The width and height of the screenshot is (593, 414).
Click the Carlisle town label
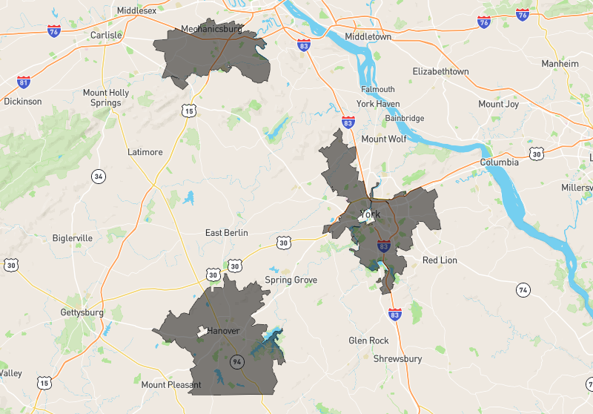(105, 35)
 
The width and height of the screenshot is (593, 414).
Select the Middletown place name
(368, 36)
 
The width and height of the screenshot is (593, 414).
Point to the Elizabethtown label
(440, 72)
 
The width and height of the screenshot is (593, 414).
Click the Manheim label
(560, 64)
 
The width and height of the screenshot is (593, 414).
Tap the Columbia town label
(499, 162)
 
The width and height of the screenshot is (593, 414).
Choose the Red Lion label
(440, 260)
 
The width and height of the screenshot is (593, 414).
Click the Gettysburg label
(82, 313)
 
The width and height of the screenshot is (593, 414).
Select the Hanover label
(223, 331)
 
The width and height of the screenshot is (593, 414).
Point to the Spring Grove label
(291, 280)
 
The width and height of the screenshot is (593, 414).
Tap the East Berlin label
(225, 233)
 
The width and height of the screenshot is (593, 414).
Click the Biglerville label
(73, 238)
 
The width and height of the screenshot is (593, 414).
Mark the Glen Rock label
(368, 341)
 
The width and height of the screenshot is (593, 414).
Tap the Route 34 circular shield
(99, 176)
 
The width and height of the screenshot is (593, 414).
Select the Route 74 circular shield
(523, 289)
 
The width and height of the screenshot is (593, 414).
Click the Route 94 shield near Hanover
(237, 362)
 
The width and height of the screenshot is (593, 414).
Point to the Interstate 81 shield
(24, 81)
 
